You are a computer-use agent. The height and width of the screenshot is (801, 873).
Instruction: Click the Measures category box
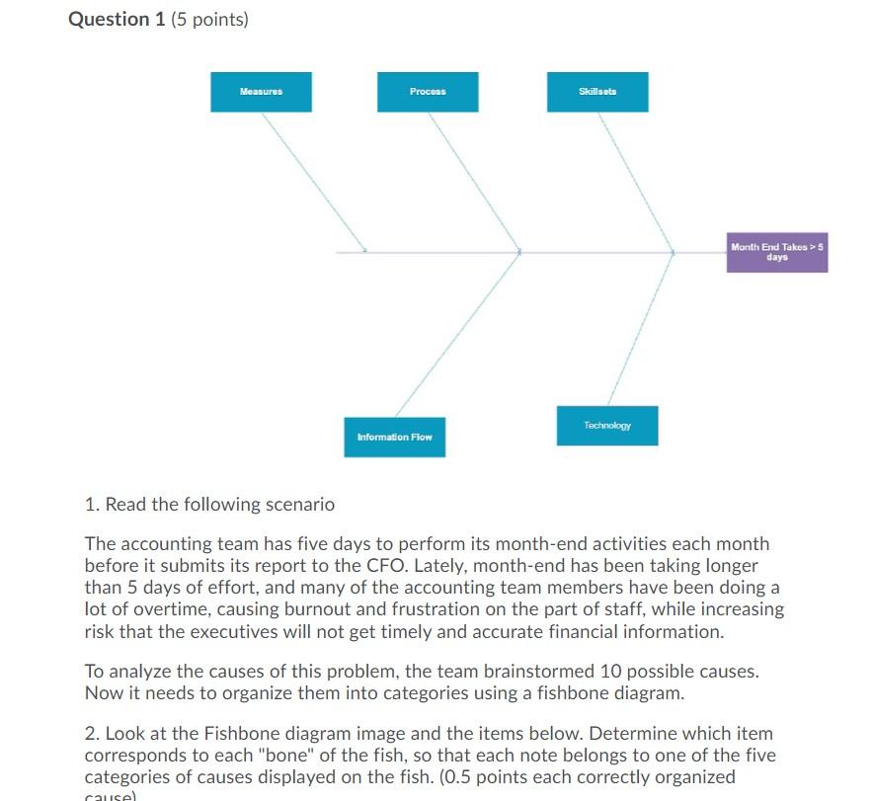[261, 92]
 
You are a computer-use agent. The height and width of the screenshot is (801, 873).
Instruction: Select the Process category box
[428, 92]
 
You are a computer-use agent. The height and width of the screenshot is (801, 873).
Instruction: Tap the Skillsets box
[597, 92]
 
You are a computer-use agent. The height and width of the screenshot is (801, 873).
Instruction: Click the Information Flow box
[394, 437]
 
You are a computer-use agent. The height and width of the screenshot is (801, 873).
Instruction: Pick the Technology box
[606, 426]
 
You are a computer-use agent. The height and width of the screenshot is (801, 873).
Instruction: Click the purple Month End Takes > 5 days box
[776, 252]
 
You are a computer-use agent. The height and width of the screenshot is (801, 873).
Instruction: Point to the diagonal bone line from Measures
[314, 182]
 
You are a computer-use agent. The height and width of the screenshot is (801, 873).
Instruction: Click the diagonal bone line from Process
[474, 182]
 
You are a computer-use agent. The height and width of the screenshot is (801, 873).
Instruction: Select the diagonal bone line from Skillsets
[636, 182]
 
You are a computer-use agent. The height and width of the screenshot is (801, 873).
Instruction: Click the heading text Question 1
[117, 20]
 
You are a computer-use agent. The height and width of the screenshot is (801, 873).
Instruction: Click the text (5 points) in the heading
[210, 20]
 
